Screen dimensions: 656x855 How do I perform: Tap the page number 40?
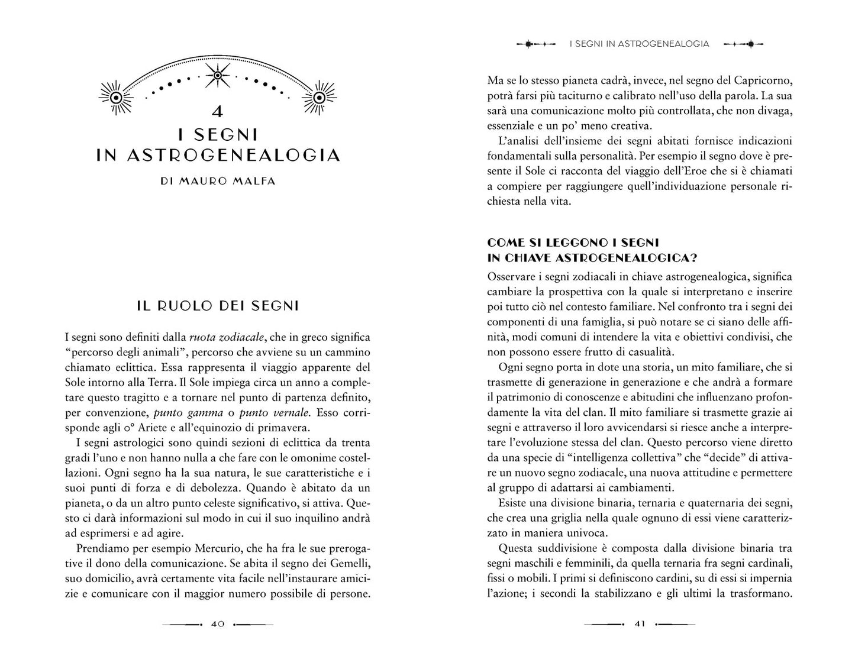(x=217, y=624)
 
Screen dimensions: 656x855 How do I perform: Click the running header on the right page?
(x=639, y=44)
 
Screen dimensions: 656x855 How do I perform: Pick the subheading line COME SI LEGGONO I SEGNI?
(x=573, y=243)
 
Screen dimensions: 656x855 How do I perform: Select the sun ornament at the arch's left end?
(x=116, y=97)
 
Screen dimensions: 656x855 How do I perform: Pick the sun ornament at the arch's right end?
(x=319, y=97)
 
